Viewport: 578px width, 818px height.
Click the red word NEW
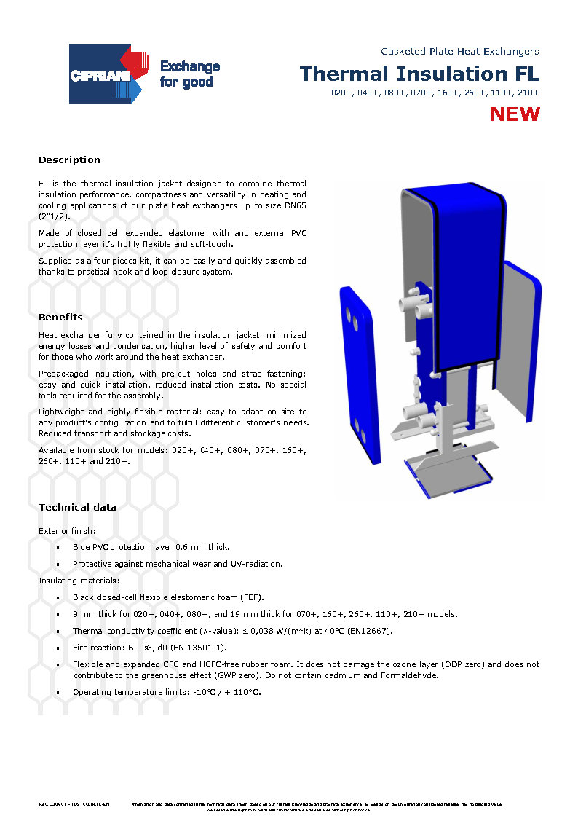(515, 114)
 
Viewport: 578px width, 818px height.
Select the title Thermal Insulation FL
(420, 74)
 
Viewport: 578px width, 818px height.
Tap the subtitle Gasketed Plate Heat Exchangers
(459, 52)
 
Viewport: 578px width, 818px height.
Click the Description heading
(69, 160)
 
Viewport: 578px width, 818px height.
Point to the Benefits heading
(60, 318)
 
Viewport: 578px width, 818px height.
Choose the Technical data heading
(77, 508)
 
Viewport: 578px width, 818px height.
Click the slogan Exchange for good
(189, 74)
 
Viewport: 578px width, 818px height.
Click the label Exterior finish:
(67, 531)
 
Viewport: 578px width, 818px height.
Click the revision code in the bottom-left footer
(74, 804)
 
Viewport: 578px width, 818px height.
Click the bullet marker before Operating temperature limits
(58, 693)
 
